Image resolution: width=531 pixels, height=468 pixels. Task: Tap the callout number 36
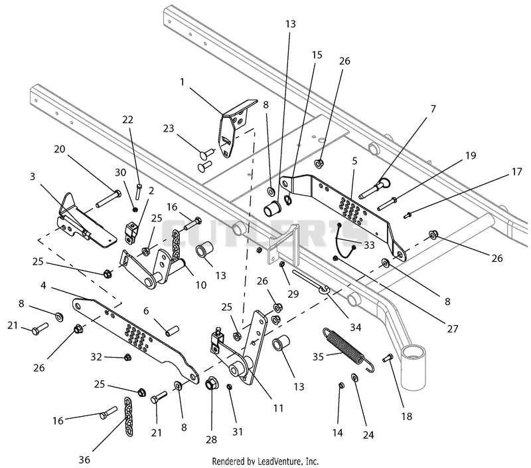(85, 459)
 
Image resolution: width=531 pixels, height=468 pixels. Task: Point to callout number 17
(516, 172)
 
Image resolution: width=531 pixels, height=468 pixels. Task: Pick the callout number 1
(182, 82)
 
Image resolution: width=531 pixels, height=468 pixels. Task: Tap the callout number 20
(60, 149)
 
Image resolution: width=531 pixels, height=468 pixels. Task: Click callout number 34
(355, 327)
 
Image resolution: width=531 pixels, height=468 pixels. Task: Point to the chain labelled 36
(128, 416)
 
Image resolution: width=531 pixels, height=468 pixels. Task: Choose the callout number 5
(354, 161)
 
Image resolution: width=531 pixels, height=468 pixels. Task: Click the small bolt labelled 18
(388, 358)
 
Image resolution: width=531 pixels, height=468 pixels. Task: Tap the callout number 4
(43, 286)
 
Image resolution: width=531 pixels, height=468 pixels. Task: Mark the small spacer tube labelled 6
(173, 330)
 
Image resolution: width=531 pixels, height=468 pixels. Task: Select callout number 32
(96, 357)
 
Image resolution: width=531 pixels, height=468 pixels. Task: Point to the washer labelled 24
(355, 378)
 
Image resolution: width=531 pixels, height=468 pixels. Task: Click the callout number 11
(278, 408)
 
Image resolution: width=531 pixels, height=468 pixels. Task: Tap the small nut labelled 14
(341, 385)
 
